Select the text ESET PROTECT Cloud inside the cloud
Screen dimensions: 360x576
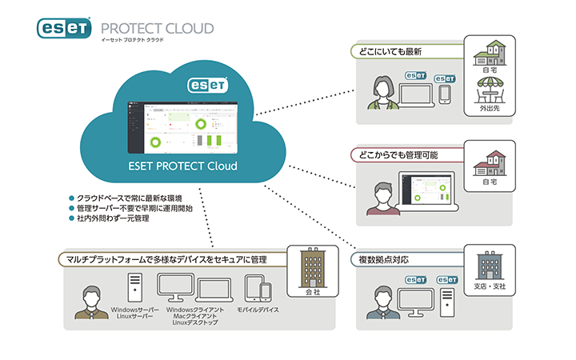coord(182,167)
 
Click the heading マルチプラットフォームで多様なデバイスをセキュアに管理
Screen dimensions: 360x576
coord(167,259)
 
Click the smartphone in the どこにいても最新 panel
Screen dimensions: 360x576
coord(446,91)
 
